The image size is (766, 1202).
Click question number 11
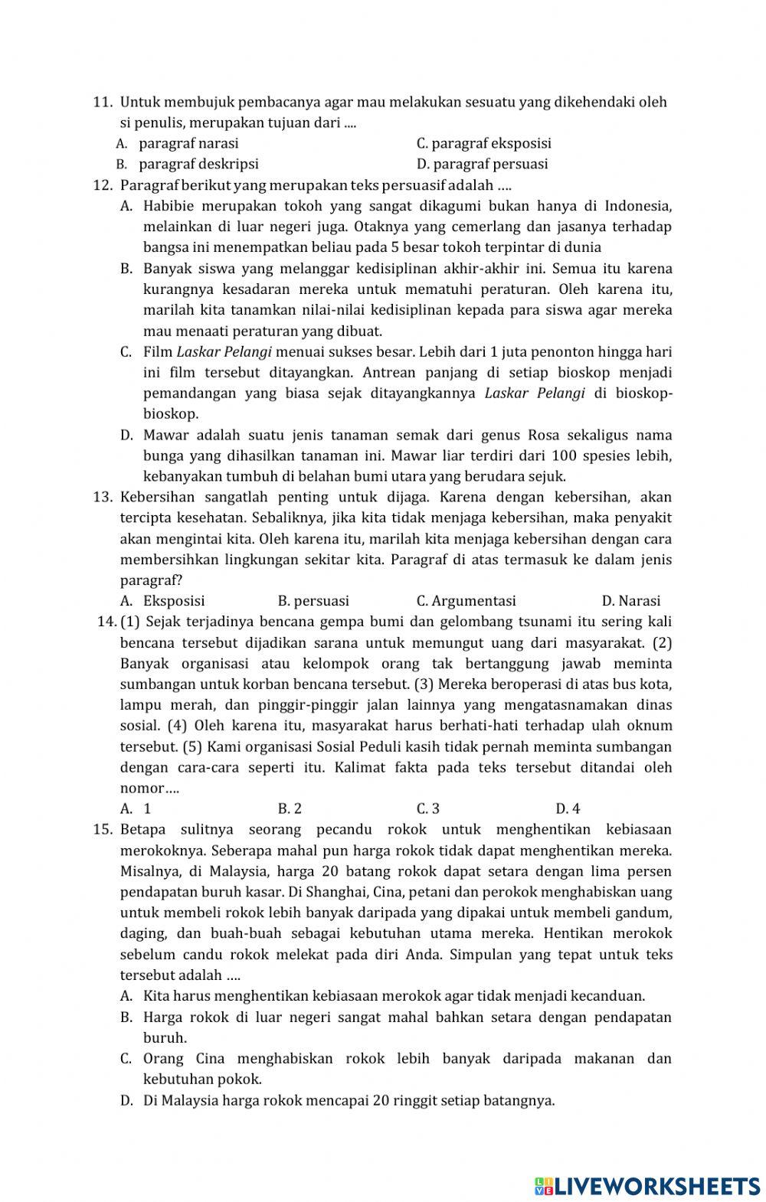point(102,102)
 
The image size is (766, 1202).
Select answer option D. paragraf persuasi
point(482,164)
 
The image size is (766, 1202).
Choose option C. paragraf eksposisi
point(483,143)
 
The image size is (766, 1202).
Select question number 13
point(103,497)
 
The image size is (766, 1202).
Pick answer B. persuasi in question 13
point(313,601)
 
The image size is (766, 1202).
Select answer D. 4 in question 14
point(568,808)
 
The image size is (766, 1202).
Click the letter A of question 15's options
point(125,996)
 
